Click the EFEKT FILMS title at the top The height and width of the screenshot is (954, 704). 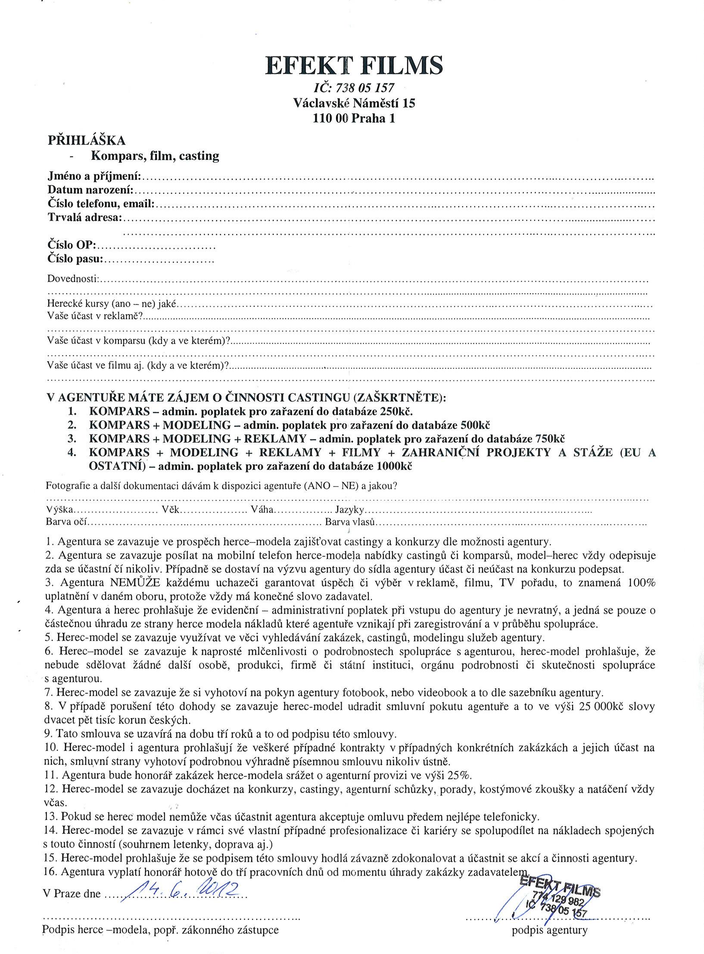coord(354,66)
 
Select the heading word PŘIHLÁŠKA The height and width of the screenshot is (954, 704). coord(87,140)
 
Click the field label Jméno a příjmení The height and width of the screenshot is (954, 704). coord(94,176)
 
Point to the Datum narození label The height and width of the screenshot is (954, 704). coord(90,190)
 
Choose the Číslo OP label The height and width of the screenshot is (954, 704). coord(72,246)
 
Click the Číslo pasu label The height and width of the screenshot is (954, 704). coord(75,259)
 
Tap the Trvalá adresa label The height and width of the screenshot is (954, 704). coord(85,218)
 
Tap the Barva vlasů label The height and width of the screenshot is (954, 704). coord(351,522)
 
